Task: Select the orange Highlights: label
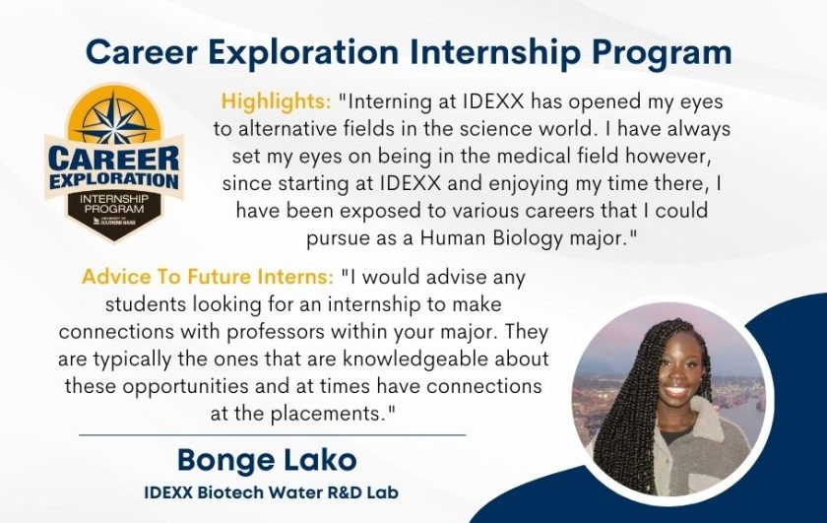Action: pos(276,100)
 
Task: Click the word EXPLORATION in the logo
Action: pos(111,182)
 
